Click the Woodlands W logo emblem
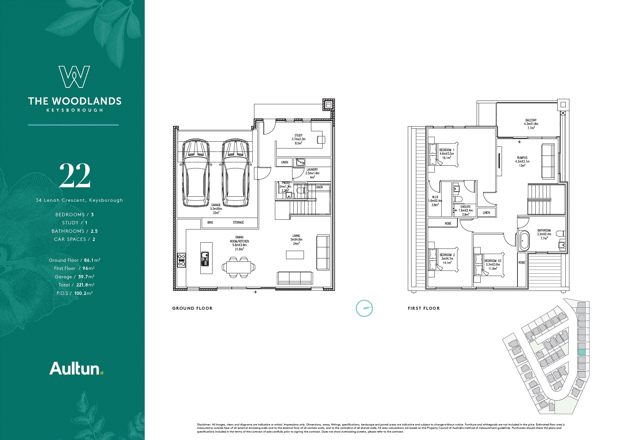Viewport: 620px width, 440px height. tap(74, 77)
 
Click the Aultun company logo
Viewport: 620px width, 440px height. tap(76, 369)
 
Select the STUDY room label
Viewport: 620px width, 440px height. tap(299, 135)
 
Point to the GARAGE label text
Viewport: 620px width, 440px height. tap(216, 205)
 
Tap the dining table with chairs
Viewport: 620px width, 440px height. tap(238, 267)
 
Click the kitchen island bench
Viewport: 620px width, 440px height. tap(206, 258)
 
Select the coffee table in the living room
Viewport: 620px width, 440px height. tap(295, 255)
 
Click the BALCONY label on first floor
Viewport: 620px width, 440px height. tap(531, 120)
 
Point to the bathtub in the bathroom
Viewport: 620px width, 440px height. tap(524, 241)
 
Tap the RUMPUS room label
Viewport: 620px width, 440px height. tap(522, 158)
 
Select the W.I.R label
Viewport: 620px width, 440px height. tap(435, 197)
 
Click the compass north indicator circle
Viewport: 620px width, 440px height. tap(364, 308)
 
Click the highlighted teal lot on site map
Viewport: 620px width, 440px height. tap(582, 352)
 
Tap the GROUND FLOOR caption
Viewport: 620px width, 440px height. tap(192, 308)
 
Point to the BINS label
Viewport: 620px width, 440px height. tap(210, 222)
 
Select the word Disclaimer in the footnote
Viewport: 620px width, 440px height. tap(204, 424)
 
